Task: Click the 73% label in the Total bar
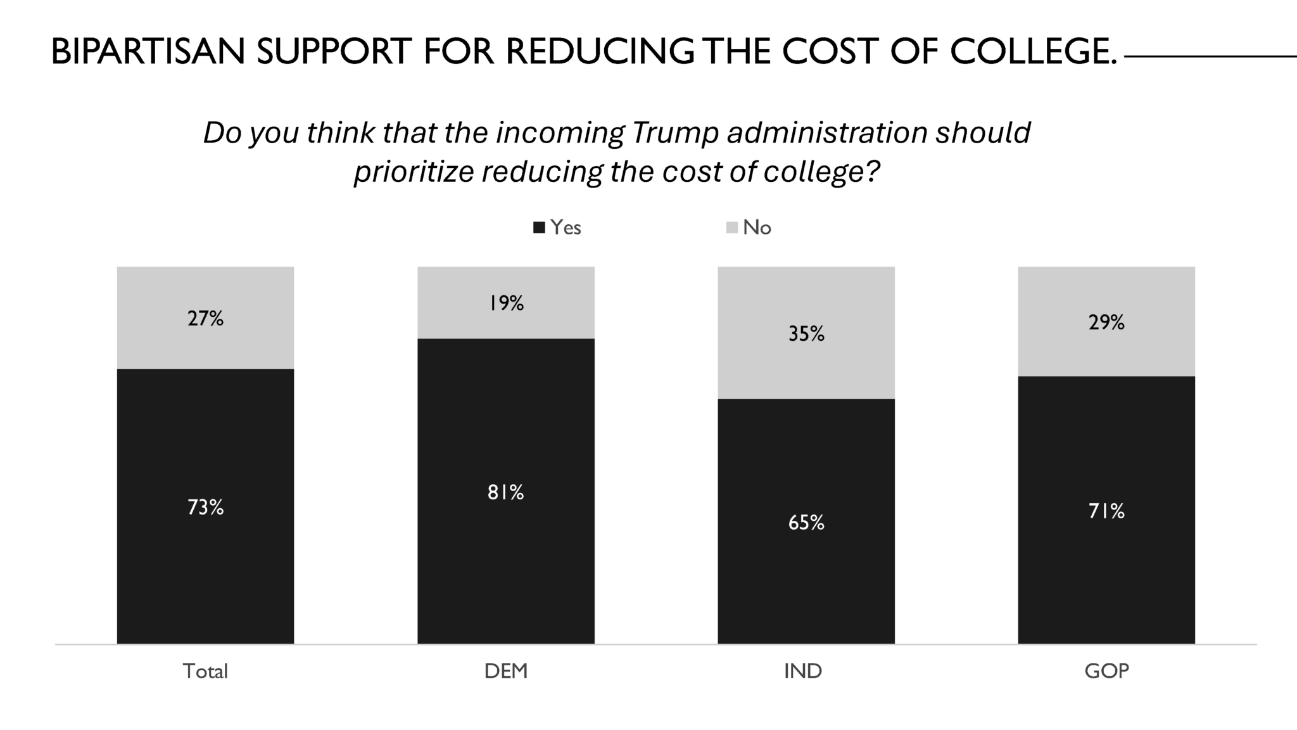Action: tap(205, 508)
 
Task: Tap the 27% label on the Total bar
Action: tap(205, 319)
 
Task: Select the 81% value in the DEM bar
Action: tap(505, 492)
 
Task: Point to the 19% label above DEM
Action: tap(505, 304)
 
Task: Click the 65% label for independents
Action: tap(806, 523)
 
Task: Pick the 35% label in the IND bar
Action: tap(806, 334)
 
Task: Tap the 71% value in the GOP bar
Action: tap(1106, 511)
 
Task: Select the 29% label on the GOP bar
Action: tap(1106, 323)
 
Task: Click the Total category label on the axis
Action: tap(205, 671)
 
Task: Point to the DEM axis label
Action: tap(505, 671)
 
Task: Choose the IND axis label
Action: tap(802, 671)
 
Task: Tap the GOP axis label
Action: tap(1106, 671)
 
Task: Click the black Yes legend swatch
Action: tap(539, 228)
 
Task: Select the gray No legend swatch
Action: tap(731, 228)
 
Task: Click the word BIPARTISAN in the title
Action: tap(148, 52)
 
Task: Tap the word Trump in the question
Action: tap(675, 133)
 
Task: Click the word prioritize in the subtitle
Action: tap(414, 172)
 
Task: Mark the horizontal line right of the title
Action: tap(1210, 57)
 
